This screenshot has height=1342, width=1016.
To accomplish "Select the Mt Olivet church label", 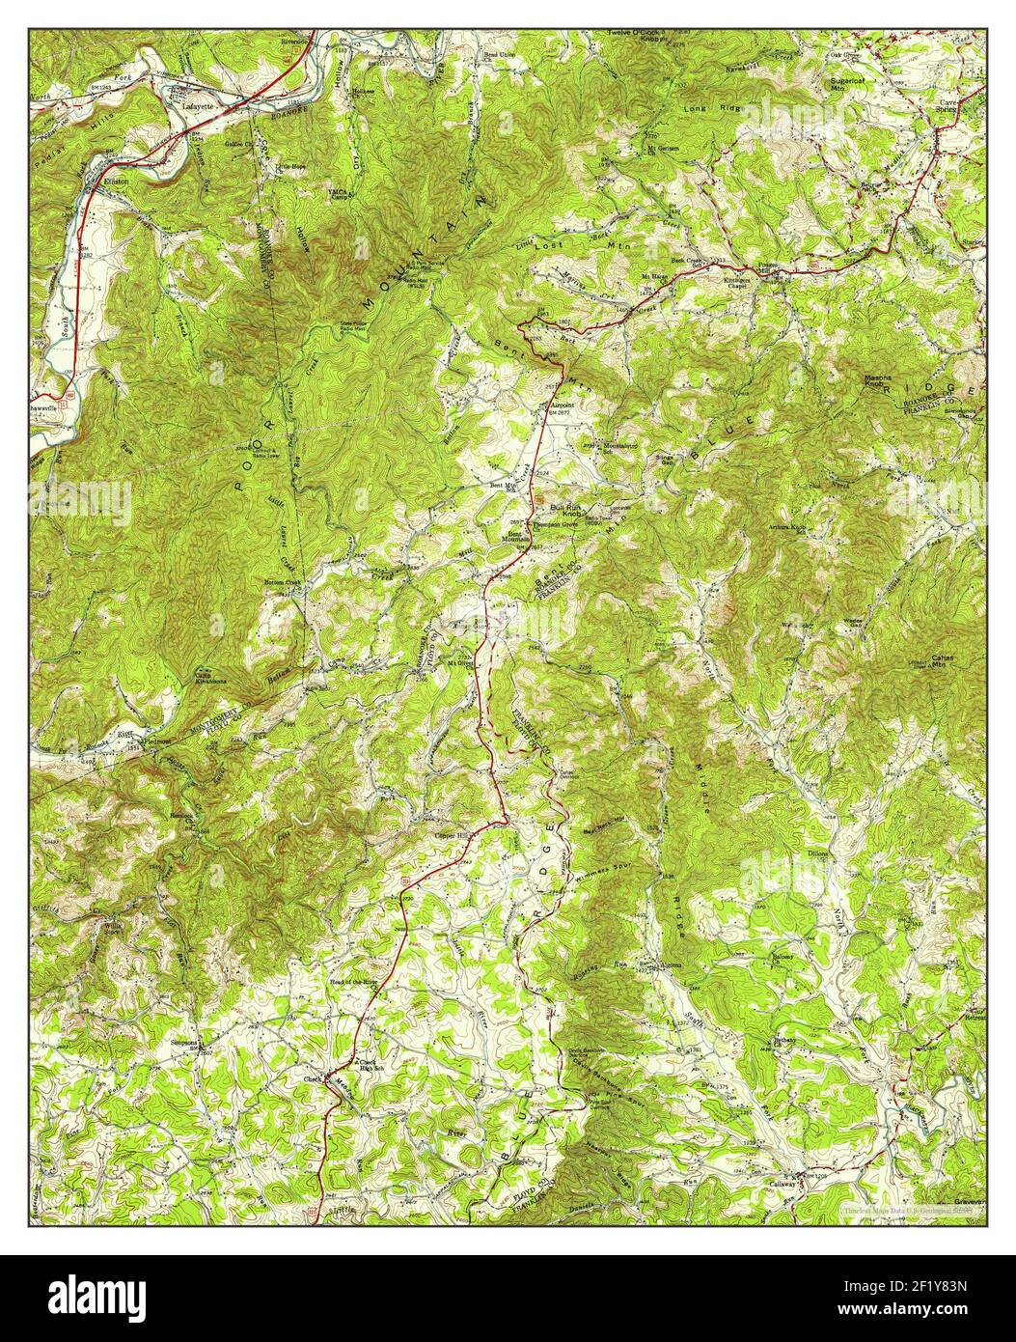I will click(459, 663).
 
